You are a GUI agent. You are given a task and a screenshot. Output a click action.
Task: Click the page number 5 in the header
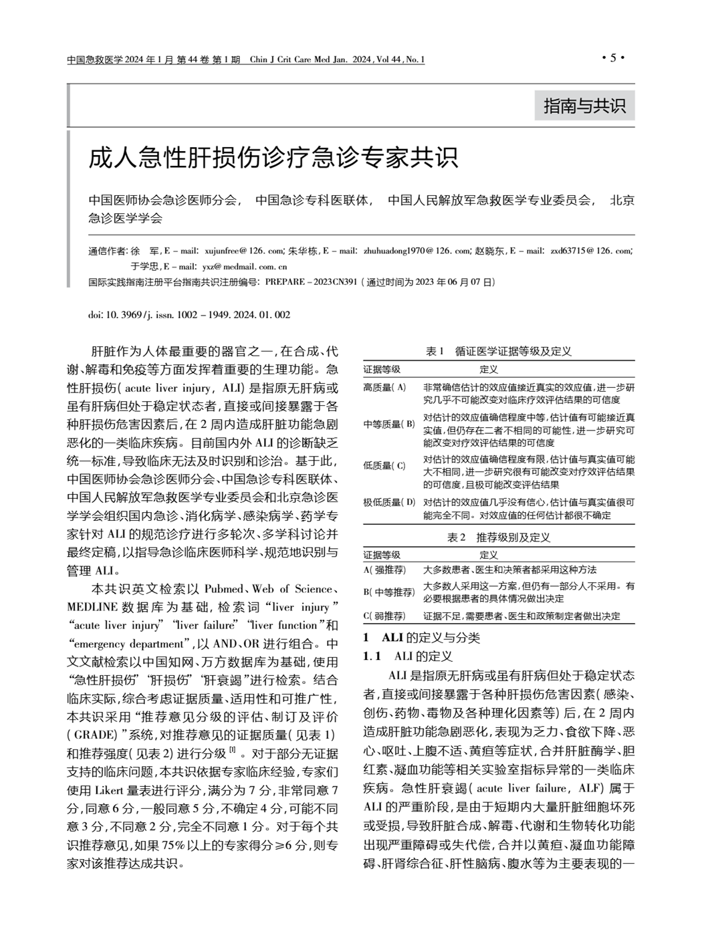click(x=612, y=59)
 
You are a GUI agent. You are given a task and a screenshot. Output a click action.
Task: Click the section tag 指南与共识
click(x=584, y=106)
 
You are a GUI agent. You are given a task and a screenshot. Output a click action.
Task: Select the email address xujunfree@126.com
click(x=244, y=251)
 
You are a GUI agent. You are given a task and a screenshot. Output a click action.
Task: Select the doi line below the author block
click(x=189, y=314)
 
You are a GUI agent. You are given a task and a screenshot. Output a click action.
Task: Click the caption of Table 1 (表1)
click(x=498, y=352)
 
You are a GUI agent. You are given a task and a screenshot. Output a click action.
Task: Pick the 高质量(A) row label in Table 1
click(x=385, y=388)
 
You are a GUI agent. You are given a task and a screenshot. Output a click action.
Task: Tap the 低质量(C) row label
click(x=384, y=466)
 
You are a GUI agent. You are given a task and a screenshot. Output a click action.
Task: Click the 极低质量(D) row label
click(x=389, y=502)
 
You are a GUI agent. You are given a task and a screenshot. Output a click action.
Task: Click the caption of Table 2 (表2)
click(x=498, y=538)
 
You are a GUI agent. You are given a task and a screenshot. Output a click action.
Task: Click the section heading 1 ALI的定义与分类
click(x=421, y=638)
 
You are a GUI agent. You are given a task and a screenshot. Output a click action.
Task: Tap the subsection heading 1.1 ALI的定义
click(x=408, y=657)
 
